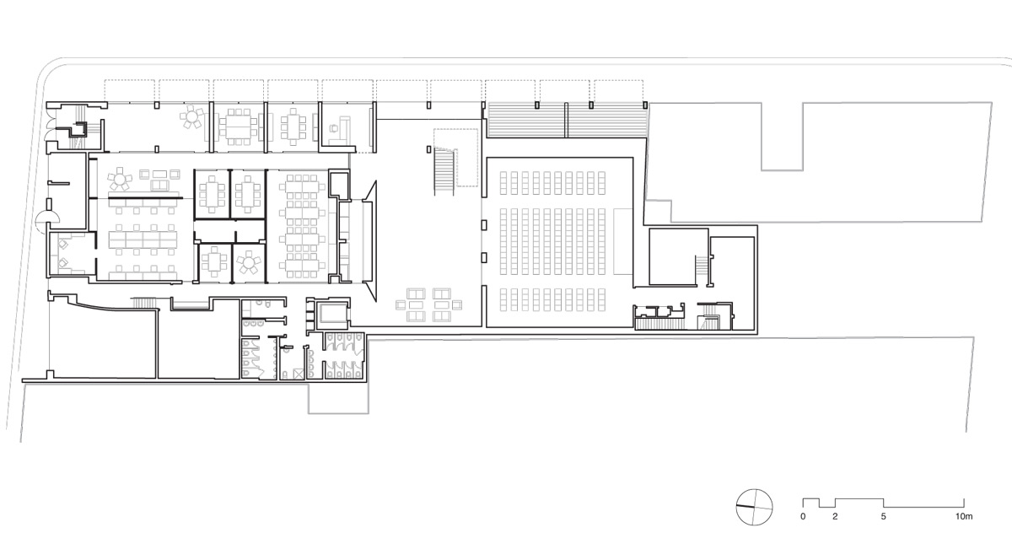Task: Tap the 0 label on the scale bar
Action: tap(803, 515)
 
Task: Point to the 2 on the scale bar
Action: tap(835, 515)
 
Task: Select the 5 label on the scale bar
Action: tap(883, 515)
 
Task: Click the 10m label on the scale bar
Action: tap(964, 515)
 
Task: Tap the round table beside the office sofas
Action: tap(122, 180)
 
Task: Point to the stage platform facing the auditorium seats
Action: tap(621, 242)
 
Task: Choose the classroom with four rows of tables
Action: tap(301, 225)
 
